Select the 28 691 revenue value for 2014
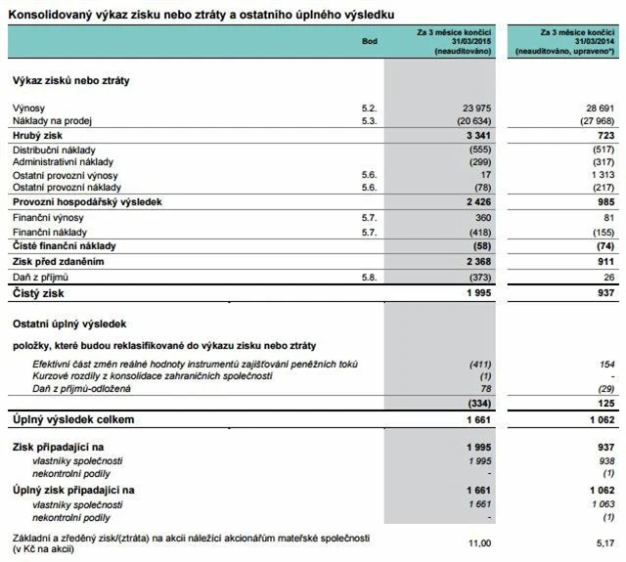598,107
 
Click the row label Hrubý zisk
38,134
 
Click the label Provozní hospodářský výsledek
86,201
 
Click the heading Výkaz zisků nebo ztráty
70,80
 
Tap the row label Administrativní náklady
64,161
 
